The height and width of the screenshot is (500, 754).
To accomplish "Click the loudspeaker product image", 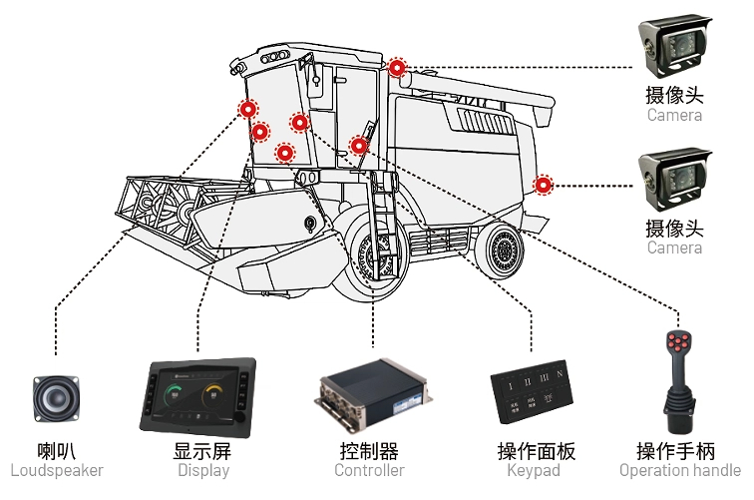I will (56, 399).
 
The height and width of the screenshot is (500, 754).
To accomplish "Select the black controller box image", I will (370, 395).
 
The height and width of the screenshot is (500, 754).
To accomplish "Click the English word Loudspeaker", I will (57, 470).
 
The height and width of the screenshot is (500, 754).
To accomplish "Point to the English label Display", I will (203, 470).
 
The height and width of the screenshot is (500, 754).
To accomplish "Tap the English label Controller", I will (369, 470).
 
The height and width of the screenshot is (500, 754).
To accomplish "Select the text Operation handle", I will (680, 470).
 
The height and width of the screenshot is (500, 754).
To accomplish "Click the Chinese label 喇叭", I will (57, 450).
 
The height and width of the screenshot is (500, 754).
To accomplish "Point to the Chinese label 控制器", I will (369, 450).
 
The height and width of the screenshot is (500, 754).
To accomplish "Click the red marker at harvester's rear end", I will (544, 184).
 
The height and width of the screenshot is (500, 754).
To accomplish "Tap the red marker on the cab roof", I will (397, 68).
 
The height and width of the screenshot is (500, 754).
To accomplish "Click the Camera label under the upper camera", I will (674, 115).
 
